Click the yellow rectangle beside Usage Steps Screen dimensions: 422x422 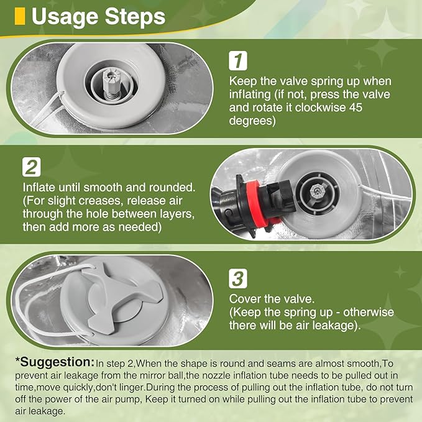(20, 16)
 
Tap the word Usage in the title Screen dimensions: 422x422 (65, 17)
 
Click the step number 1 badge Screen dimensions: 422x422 (238, 61)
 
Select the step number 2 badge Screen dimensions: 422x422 (32, 167)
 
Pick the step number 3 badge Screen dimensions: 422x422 (238, 278)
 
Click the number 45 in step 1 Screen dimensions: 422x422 (356, 108)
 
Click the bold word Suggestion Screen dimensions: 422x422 (57, 362)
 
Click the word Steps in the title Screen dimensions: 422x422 (135, 17)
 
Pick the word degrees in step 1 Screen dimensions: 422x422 (252, 121)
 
